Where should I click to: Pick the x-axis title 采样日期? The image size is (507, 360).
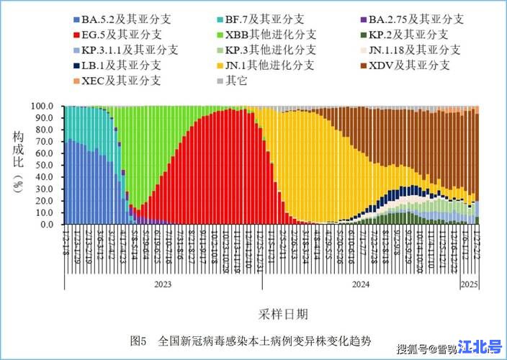[282, 314]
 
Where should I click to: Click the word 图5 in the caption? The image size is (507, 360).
[139, 341]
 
